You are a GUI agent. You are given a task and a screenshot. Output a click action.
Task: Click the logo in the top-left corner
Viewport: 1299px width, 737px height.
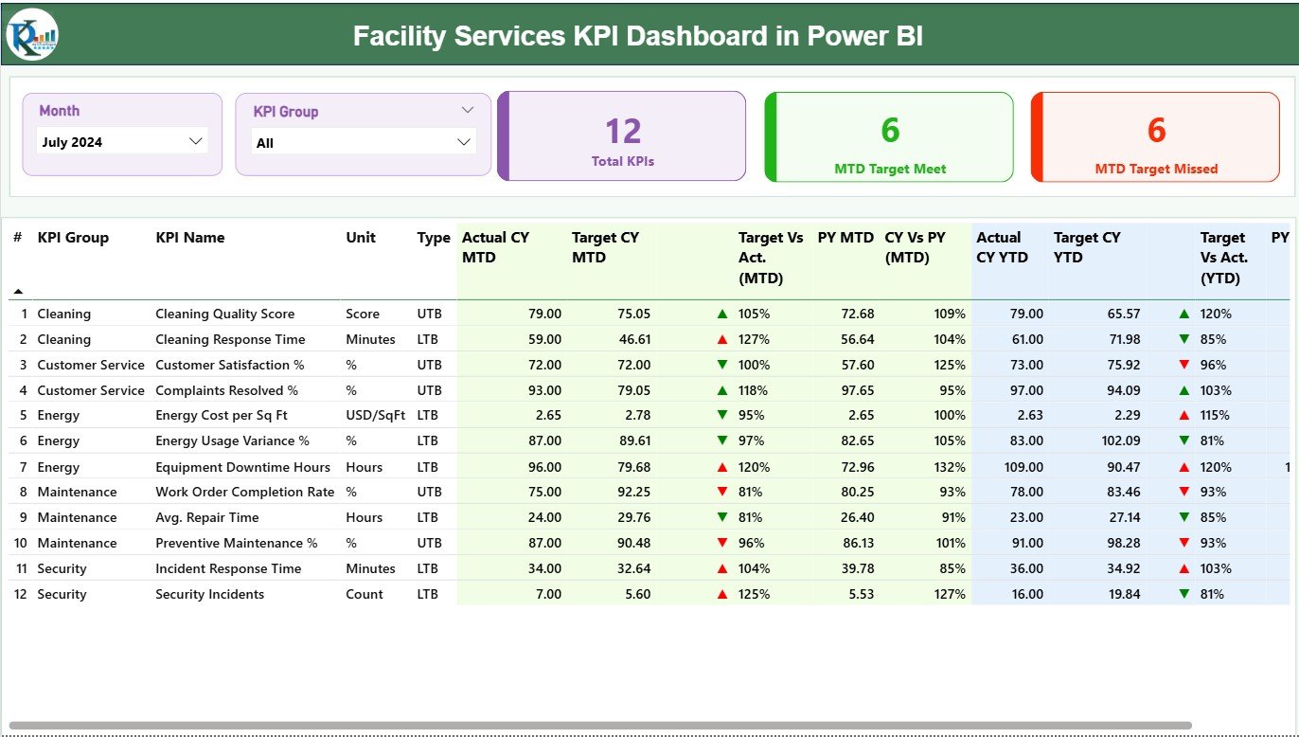point(32,35)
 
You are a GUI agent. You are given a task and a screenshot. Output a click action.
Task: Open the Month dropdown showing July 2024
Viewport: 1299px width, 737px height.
point(122,142)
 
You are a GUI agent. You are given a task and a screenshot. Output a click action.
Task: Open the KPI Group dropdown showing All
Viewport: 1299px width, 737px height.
point(364,143)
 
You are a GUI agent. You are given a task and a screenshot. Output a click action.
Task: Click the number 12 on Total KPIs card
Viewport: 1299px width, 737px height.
point(623,131)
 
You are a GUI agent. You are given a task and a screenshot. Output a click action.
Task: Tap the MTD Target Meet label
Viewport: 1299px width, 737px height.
point(889,169)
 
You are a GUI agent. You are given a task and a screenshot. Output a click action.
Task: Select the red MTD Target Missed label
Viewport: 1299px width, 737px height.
point(1156,169)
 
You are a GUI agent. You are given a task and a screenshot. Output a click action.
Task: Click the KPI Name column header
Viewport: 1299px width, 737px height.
point(189,238)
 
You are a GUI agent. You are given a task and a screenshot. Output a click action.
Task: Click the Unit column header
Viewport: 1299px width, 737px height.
point(361,238)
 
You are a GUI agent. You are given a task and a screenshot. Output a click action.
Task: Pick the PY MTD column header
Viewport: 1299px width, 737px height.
point(845,238)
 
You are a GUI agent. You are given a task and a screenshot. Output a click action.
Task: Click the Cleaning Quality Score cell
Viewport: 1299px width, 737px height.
point(224,314)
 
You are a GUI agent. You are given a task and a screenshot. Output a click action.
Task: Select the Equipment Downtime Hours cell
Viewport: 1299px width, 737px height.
point(242,467)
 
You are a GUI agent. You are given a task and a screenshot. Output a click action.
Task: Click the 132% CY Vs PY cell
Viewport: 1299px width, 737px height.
point(949,467)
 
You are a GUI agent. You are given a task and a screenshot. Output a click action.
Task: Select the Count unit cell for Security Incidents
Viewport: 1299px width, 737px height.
point(365,594)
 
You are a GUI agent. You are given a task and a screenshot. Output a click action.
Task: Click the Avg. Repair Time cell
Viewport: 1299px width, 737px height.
point(206,517)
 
